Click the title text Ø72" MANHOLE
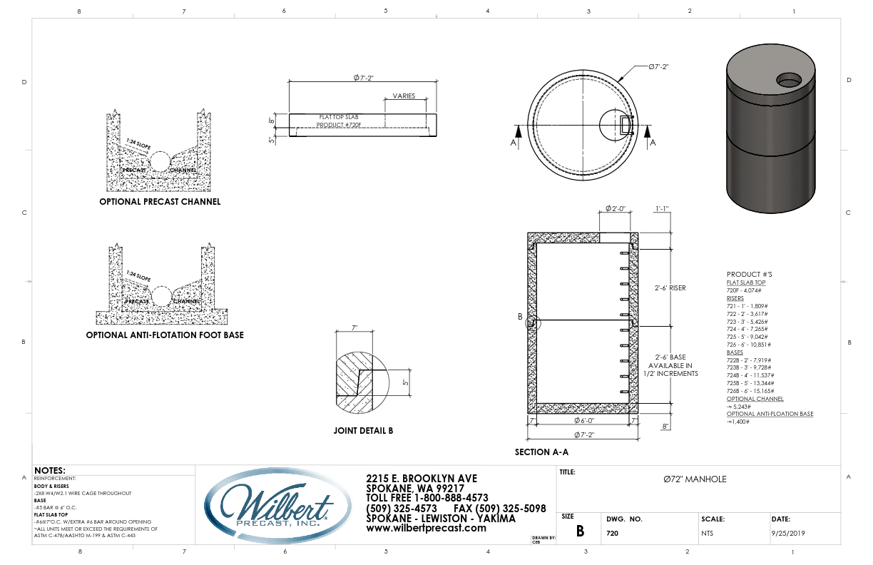695,479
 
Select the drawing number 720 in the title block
612,533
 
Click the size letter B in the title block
580,531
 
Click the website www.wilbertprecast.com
426,529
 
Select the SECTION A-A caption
541,452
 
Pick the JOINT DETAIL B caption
363,431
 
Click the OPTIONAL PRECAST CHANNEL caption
160,202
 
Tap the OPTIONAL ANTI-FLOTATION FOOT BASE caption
165,335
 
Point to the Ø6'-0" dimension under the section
583,421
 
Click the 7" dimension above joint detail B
354,328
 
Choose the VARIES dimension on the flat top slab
404,96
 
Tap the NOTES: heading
50,471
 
